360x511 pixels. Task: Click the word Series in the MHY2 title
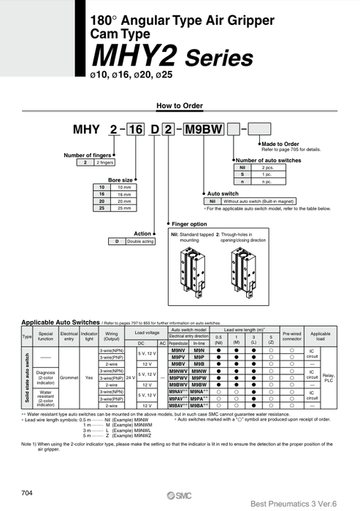point(218,58)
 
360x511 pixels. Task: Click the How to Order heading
point(179,106)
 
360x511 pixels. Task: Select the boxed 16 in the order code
point(136,130)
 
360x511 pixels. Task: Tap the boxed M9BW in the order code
point(202,130)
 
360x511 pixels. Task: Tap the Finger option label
point(190,224)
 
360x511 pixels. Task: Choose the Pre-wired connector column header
point(291,338)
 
